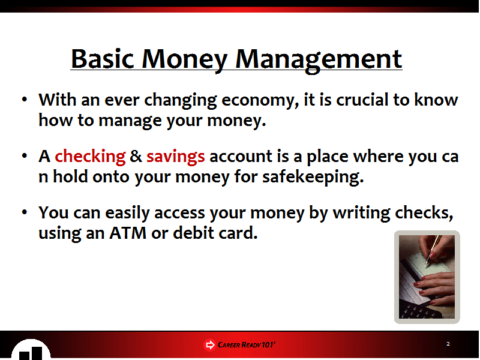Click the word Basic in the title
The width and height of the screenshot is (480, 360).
(x=103, y=59)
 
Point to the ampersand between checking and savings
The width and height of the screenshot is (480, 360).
(x=136, y=156)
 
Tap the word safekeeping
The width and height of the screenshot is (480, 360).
(x=313, y=178)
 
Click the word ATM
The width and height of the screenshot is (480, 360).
(x=128, y=233)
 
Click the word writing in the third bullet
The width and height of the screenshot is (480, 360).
(x=362, y=214)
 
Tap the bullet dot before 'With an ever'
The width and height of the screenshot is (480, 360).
(x=25, y=99)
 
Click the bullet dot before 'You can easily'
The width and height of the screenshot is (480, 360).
(x=25, y=212)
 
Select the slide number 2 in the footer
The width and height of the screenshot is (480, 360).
(x=448, y=344)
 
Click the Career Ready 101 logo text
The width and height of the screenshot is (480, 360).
(x=247, y=344)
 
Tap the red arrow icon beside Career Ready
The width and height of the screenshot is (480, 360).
(x=209, y=345)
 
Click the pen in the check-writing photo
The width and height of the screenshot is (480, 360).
(x=433, y=251)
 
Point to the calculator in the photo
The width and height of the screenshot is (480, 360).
(x=419, y=308)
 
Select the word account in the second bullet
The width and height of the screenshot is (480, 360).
(x=242, y=157)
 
